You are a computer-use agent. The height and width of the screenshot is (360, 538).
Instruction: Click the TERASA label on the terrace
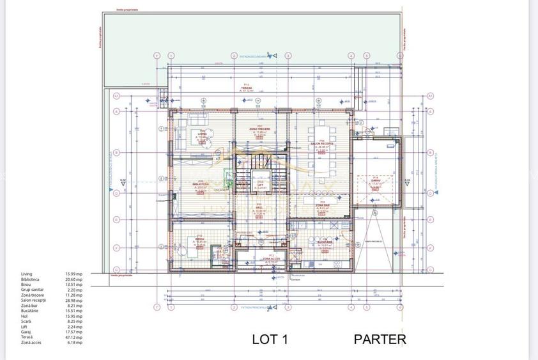pyautogui.click(x=246, y=88)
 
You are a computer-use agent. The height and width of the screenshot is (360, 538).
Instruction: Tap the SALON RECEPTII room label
pyautogui.click(x=323, y=144)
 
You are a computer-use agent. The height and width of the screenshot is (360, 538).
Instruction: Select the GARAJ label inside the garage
pyautogui.click(x=376, y=180)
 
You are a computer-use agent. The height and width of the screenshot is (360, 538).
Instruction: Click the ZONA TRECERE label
pyautogui.click(x=259, y=129)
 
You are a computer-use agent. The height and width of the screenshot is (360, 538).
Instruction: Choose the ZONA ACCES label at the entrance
pyautogui.click(x=270, y=258)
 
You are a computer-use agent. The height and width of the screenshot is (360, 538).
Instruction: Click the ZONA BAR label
pyautogui.click(x=323, y=205)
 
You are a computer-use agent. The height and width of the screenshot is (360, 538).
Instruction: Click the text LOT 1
pyautogui.click(x=270, y=340)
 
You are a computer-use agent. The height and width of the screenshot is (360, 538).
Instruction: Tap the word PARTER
pyautogui.click(x=380, y=340)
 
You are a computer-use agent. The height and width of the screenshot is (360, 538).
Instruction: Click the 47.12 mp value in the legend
pyautogui.click(x=73, y=337)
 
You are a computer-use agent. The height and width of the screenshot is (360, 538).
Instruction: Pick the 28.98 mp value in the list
pyautogui.click(x=73, y=300)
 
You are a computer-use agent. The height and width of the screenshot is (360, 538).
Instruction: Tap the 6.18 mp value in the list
pyautogui.click(x=74, y=342)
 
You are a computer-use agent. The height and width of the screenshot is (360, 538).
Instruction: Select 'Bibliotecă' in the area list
pyautogui.click(x=30, y=279)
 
